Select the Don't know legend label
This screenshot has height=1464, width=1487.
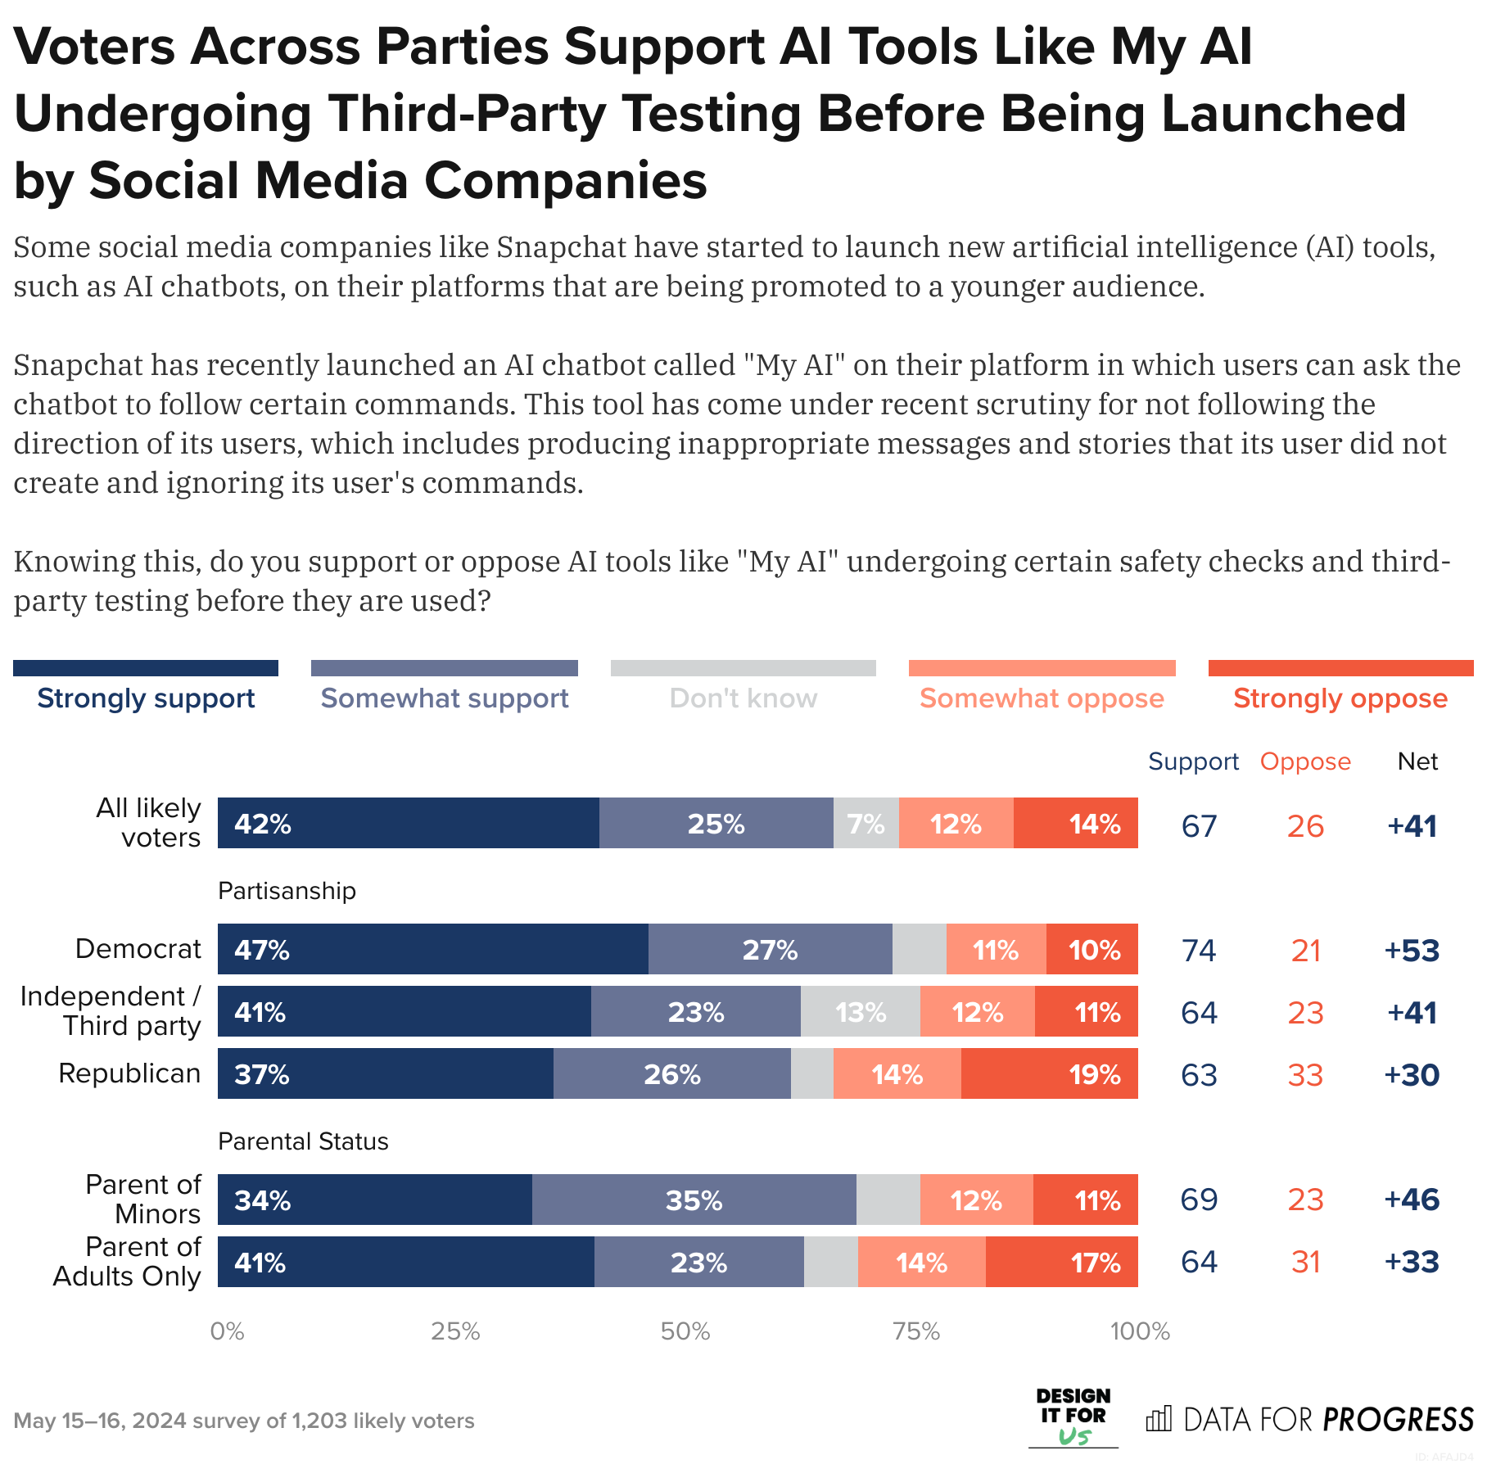(743, 698)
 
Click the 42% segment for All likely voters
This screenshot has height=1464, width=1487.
(408, 823)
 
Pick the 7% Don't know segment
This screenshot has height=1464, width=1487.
(866, 823)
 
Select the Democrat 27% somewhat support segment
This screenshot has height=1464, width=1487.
(770, 949)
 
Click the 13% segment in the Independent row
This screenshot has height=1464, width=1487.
(860, 1012)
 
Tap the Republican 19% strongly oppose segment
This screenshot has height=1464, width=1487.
(1050, 1073)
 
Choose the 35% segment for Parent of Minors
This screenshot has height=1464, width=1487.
(694, 1200)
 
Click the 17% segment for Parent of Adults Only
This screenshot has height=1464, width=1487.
(1061, 1262)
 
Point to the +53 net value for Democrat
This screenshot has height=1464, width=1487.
(1411, 950)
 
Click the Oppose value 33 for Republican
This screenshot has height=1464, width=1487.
(1305, 1074)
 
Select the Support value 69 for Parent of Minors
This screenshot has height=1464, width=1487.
(1199, 1200)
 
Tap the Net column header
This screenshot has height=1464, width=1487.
(1417, 761)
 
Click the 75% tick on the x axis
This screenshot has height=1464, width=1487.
(915, 1331)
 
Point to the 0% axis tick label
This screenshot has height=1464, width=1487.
(227, 1331)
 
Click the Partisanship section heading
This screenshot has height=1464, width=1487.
(287, 891)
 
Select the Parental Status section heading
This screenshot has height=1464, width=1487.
(303, 1141)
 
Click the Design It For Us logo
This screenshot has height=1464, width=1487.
(1073, 1417)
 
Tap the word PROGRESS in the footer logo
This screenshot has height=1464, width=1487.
(1398, 1420)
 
